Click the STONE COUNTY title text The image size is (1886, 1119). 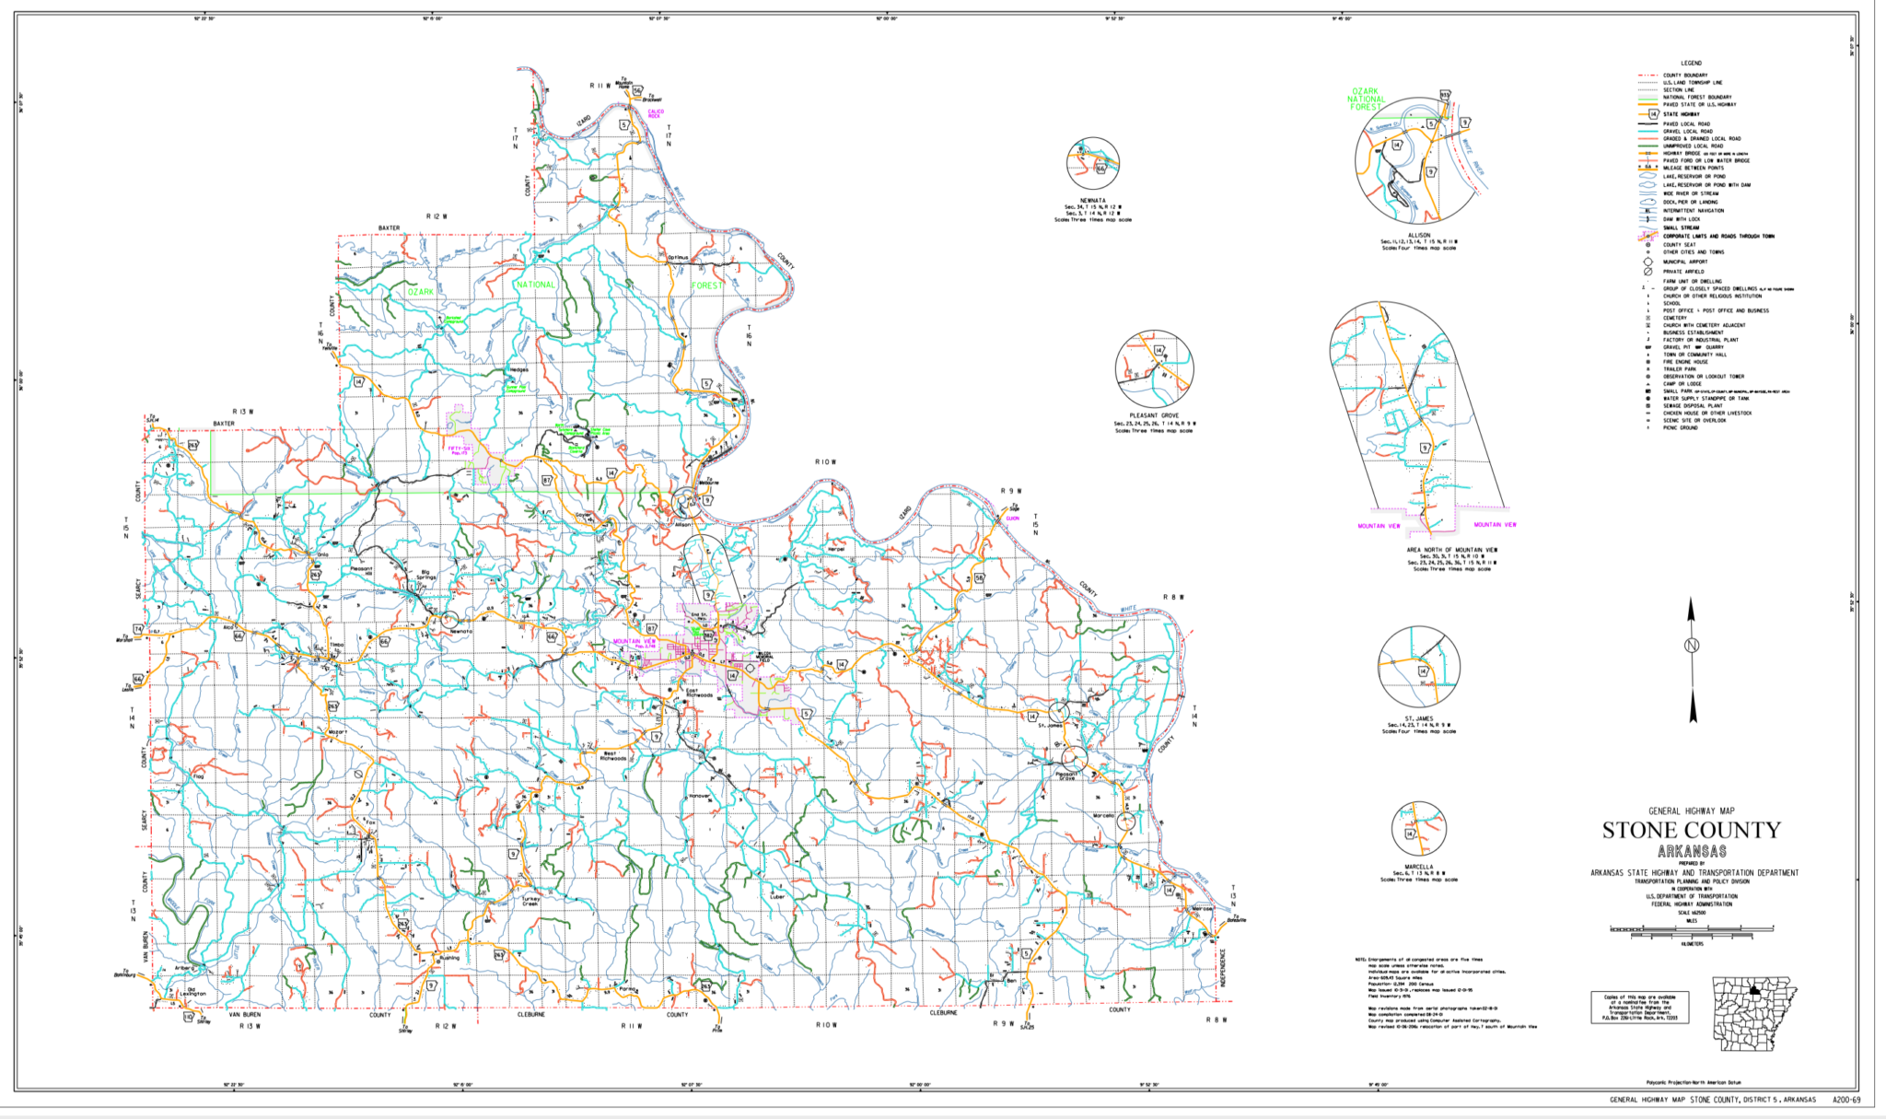[x=1691, y=831]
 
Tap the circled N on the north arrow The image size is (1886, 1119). [x=1691, y=646]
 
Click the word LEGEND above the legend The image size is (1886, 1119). [x=1691, y=64]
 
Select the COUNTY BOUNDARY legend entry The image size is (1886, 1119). [x=1684, y=76]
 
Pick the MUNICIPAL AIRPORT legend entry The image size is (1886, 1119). [x=1684, y=262]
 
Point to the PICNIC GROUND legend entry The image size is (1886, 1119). [x=1680, y=427]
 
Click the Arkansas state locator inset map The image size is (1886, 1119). [x=1753, y=1013]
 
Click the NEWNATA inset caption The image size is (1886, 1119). [x=1092, y=200]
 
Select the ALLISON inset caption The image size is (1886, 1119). [x=1418, y=235]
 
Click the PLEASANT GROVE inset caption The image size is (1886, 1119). [x=1154, y=415]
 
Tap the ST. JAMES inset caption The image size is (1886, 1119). [x=1418, y=718]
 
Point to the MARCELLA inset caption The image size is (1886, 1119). [x=1418, y=867]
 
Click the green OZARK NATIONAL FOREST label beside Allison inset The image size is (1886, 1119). [x=1366, y=99]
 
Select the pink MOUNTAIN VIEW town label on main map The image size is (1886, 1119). [x=634, y=641]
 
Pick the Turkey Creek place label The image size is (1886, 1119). [x=530, y=901]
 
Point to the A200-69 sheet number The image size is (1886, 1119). [x=1845, y=1100]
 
